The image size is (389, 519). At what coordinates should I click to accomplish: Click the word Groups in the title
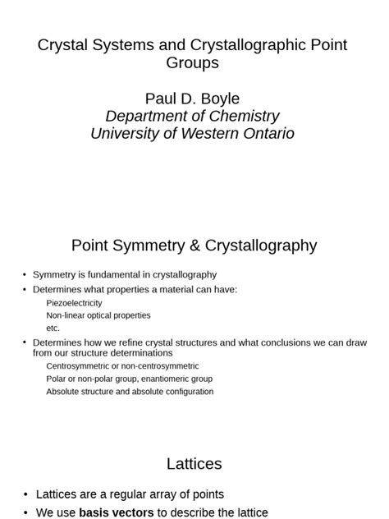pyautogui.click(x=193, y=63)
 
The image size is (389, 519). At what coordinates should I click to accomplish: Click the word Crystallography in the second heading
pyautogui.click(x=254, y=245)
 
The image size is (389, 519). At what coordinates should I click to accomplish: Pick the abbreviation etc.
pyautogui.click(x=53, y=328)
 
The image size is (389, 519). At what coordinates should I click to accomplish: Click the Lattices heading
pyautogui.click(x=194, y=464)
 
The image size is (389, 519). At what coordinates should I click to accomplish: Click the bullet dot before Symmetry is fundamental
pyautogui.click(x=25, y=274)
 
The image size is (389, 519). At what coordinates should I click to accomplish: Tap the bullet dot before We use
pyautogui.click(x=25, y=512)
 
